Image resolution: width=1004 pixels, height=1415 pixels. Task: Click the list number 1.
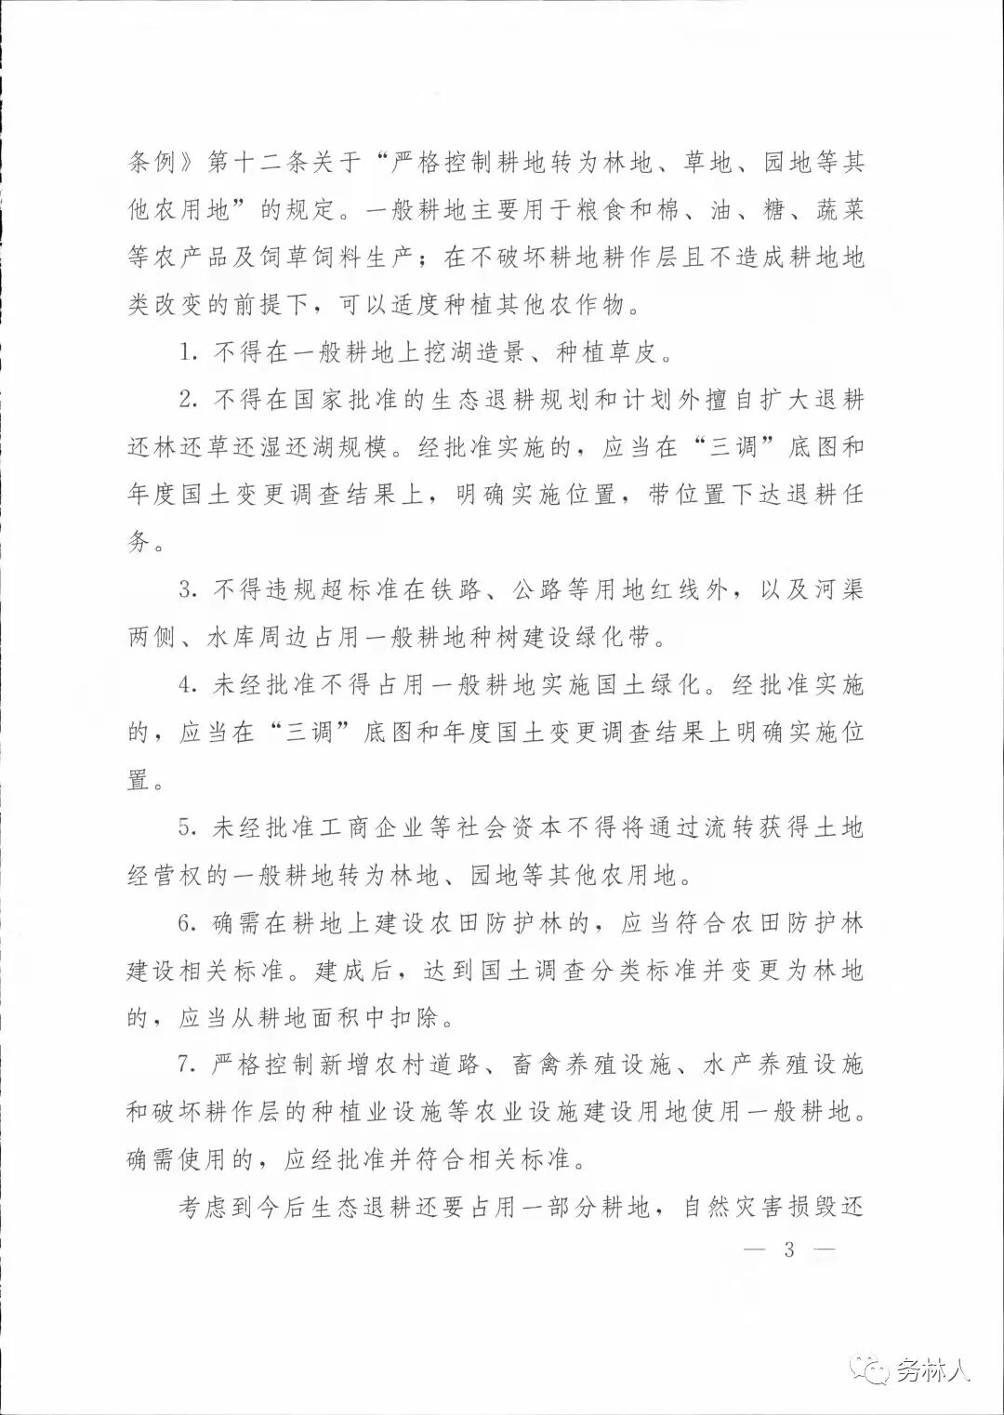(x=185, y=353)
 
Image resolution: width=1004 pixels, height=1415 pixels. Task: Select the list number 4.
(x=186, y=686)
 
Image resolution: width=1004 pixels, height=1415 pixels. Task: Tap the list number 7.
(x=186, y=1065)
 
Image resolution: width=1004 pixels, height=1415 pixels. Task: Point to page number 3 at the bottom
(x=789, y=1249)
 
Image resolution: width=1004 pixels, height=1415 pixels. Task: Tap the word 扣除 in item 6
(x=415, y=1018)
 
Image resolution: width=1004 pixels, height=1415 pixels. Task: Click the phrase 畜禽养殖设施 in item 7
(x=591, y=1065)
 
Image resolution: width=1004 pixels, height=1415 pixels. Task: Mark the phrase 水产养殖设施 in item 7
(x=784, y=1065)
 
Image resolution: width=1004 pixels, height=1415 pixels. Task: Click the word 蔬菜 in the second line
(x=840, y=210)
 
